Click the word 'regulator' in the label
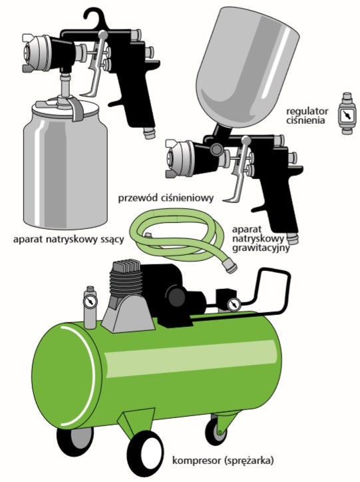307,111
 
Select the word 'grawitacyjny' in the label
261,248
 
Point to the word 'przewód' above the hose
138,198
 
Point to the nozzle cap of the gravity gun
178,157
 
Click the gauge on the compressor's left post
90,302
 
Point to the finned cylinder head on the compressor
126,280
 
